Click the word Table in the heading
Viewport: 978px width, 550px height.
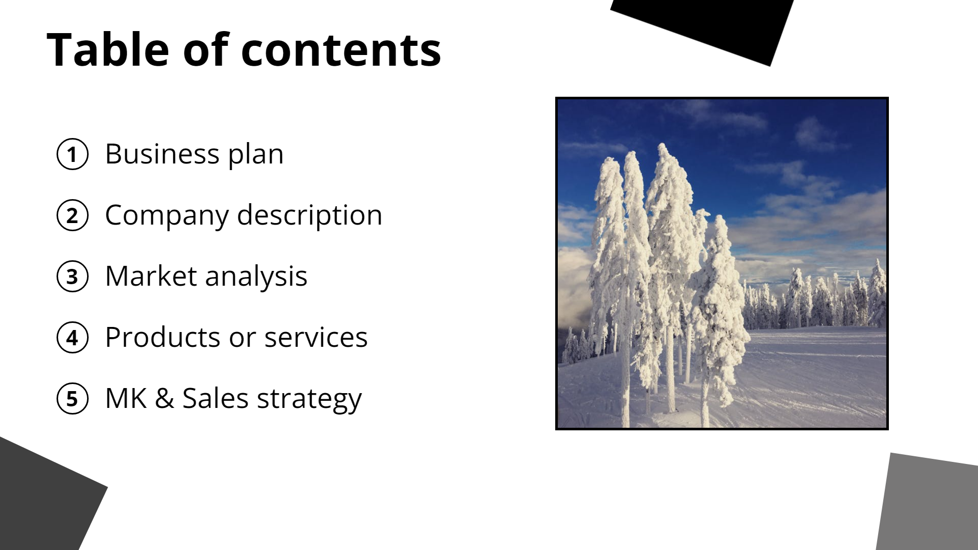[x=107, y=50]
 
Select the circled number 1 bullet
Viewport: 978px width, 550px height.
[x=72, y=154]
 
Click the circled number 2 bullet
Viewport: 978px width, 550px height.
[x=72, y=215]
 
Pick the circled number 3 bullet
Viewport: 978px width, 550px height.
[x=72, y=277]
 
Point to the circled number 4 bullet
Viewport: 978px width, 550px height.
[x=72, y=338]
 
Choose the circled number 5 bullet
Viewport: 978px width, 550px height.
[x=72, y=399]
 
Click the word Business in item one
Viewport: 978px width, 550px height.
[x=162, y=154]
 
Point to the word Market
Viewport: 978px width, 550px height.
[x=151, y=277]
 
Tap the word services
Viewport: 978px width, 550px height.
[x=316, y=338]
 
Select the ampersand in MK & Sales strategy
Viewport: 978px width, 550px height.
[x=164, y=398]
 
